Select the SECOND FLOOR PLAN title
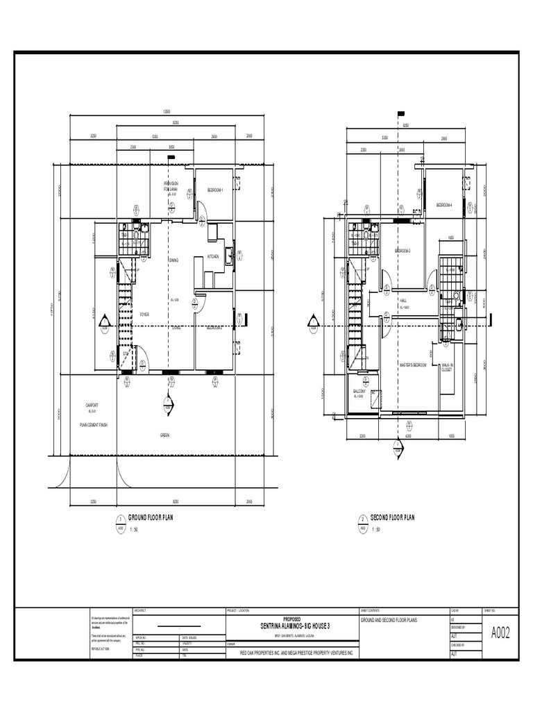[x=392, y=518]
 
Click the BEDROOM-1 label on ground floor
[x=215, y=190]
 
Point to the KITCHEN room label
[x=214, y=257]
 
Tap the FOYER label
[x=144, y=315]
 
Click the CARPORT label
[x=92, y=405]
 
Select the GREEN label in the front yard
[x=165, y=435]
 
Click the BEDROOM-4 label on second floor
[x=444, y=205]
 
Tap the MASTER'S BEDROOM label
[x=412, y=364]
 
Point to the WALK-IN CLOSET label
[x=446, y=367]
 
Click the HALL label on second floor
[x=403, y=300]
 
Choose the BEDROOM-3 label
[x=403, y=251]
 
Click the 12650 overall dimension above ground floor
[x=167, y=112]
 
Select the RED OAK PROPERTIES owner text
[x=296, y=653]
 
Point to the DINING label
[x=174, y=260]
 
